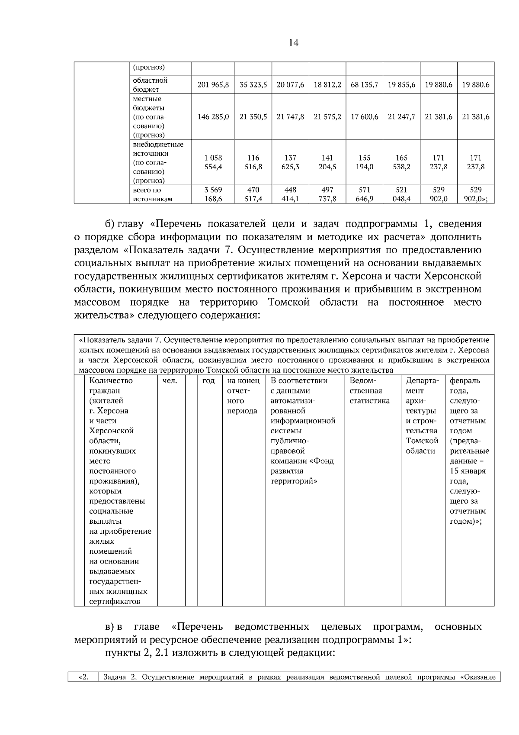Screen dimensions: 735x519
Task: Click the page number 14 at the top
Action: tap(293, 43)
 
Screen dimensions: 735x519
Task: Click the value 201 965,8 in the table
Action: tap(213, 85)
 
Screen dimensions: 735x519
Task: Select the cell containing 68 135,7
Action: tap(364, 85)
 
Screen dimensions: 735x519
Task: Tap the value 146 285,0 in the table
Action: tap(213, 117)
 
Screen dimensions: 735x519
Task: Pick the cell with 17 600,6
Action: tap(364, 117)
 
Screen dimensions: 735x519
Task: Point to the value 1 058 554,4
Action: tap(213, 162)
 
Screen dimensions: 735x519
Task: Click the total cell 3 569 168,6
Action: tap(213, 194)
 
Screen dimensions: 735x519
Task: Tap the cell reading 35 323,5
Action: tap(253, 85)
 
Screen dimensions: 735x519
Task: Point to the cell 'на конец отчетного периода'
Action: tap(243, 396)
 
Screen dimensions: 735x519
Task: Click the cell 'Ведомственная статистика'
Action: tap(369, 390)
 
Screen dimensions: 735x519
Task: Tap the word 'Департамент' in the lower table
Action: tap(422, 381)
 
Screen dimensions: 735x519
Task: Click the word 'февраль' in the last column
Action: tap(465, 381)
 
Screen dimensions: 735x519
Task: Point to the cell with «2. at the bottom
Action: tap(83, 677)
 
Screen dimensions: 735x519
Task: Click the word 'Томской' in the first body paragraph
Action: tap(288, 302)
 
